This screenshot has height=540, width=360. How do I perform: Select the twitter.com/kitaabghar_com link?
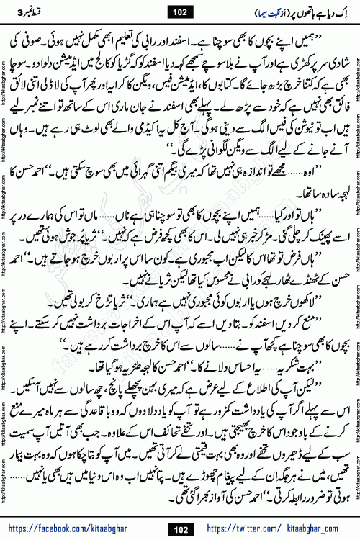tap(280, 527)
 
